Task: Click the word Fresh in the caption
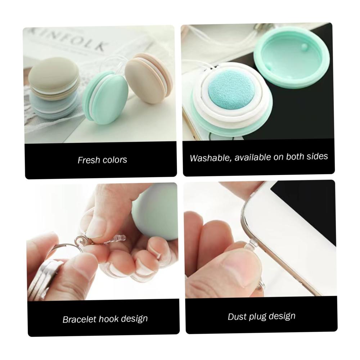pyautogui.click(x=88, y=160)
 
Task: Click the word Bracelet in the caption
pyautogui.click(x=79, y=320)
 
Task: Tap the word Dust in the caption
pyautogui.click(x=236, y=317)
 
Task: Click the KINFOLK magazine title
pyautogui.click(x=69, y=41)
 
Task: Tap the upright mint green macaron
pyautogui.click(x=105, y=98)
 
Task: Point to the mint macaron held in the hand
pyautogui.click(x=156, y=211)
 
